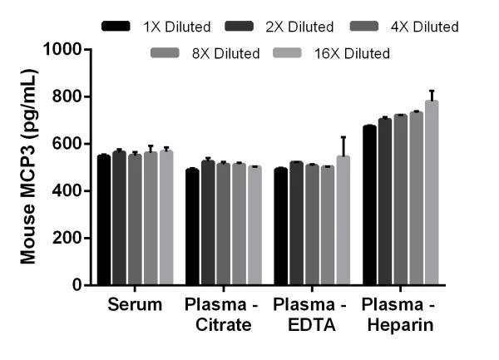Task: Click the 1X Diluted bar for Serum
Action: tap(104, 220)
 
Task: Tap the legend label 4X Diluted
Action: tap(425, 27)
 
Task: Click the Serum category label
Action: tap(135, 305)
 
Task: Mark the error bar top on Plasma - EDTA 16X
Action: tap(343, 137)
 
